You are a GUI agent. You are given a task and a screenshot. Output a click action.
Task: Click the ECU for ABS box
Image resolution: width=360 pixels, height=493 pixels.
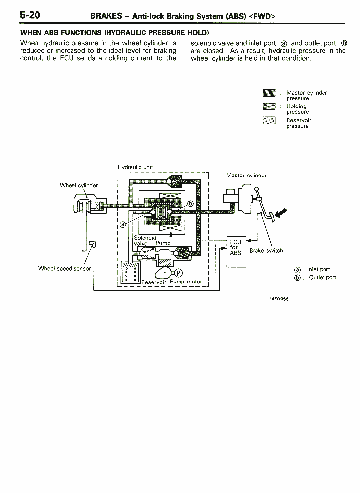coord(236,251)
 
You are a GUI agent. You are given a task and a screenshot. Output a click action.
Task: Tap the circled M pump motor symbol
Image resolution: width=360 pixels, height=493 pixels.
coord(179,273)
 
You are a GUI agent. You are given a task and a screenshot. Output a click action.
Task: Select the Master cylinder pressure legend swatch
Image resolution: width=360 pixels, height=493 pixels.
coord(269,93)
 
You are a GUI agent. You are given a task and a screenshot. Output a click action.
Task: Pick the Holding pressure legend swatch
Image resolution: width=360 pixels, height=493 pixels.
coord(269,106)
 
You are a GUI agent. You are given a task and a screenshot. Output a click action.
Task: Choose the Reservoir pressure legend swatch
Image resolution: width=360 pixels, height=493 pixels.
coord(269,120)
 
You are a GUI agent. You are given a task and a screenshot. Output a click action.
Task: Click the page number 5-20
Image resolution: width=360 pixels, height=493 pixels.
coord(30,15)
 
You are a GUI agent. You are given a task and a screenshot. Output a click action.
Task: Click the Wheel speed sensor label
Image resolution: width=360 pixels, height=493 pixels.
coord(65,269)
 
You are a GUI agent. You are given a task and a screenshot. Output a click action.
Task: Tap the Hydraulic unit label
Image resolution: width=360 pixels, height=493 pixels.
coord(136,167)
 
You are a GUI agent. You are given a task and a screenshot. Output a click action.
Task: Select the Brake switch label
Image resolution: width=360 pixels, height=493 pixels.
coord(266,251)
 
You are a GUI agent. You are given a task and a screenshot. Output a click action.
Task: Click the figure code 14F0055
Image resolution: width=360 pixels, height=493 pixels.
coord(279,299)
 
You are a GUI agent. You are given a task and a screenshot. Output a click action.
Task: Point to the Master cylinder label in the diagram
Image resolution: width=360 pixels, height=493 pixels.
coord(247,176)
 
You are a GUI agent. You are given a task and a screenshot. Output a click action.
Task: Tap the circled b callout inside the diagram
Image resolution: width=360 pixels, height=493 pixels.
coord(191,204)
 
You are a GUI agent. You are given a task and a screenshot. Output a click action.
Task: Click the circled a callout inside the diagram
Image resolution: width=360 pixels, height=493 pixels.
coord(123,224)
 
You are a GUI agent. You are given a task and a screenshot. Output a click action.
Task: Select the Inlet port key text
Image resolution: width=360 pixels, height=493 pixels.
coord(319,270)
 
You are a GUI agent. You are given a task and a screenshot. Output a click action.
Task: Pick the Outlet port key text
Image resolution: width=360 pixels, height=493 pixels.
coord(323,277)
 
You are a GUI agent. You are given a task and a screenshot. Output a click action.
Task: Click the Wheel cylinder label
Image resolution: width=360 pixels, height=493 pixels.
coord(78,185)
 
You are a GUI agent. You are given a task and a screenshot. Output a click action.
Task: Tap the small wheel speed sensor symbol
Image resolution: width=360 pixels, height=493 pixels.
coord(92,244)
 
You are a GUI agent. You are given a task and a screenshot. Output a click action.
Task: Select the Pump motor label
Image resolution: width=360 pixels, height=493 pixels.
coord(186,282)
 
